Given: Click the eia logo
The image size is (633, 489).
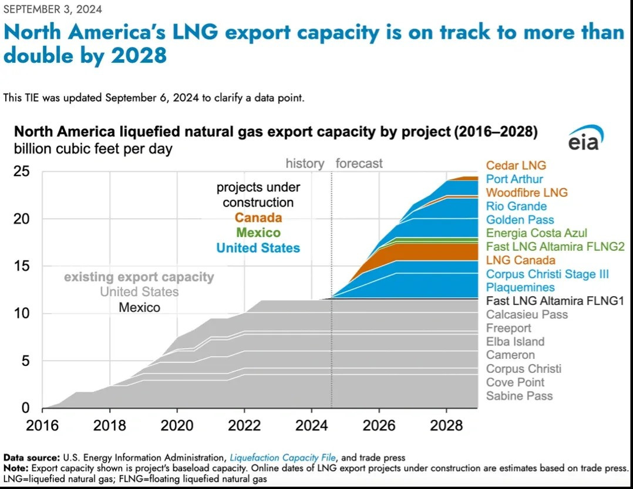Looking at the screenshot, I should point(585,138).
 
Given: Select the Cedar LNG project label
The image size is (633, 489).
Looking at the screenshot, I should point(516,166).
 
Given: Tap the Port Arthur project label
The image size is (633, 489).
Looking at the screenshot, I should point(514,179).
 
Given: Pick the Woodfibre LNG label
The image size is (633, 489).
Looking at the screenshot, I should point(527,193).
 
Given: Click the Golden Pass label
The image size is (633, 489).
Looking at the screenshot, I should point(520,220).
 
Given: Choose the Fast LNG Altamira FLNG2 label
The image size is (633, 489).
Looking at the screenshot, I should point(555,247).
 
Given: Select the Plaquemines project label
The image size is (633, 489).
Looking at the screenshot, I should point(520,287).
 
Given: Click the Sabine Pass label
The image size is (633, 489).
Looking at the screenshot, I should point(519,396).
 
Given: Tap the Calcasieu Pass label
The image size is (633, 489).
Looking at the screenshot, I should point(527,314).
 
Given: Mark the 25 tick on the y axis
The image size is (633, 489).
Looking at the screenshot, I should point(22,172).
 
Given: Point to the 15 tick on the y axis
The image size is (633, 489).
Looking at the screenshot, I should point(22,267).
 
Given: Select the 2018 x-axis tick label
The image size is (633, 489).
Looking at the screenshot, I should point(110,425).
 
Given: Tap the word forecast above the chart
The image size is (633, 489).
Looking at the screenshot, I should point(359,163).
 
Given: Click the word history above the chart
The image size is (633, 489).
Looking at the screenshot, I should point(305,163).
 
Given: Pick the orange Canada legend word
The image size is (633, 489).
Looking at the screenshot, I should point(258,218).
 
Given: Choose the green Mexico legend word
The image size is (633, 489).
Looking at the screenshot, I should point(258,233).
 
